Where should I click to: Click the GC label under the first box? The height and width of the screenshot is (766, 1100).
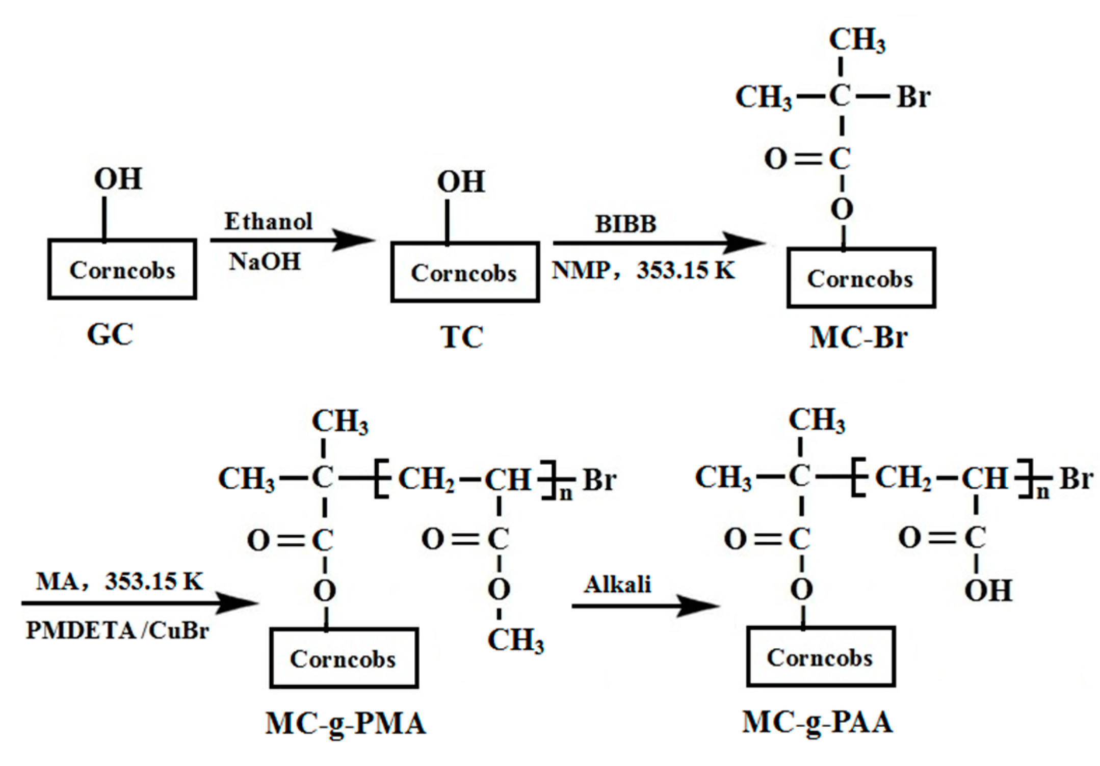click(x=110, y=335)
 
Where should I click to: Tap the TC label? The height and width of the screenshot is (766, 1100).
click(x=461, y=337)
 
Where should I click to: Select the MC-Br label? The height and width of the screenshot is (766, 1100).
click(x=858, y=337)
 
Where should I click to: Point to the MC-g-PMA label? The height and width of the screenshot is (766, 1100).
click(x=346, y=723)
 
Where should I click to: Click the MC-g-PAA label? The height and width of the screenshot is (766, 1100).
click(x=817, y=722)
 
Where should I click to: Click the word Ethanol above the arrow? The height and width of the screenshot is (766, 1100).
click(x=269, y=221)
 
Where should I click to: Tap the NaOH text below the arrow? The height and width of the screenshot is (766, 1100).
click(x=265, y=261)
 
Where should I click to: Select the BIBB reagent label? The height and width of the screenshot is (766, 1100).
click(x=626, y=224)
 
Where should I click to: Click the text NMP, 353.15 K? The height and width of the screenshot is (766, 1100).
click(x=643, y=270)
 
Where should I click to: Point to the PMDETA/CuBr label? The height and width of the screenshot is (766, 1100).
click(x=117, y=630)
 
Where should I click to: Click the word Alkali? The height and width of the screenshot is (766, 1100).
click(x=617, y=584)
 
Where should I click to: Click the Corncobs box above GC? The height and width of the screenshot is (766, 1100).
click(x=122, y=269)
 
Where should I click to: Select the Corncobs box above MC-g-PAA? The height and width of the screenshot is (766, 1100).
click(x=821, y=657)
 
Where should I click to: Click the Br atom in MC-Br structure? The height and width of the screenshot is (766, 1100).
click(x=913, y=96)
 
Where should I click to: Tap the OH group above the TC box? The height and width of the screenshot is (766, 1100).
click(x=461, y=181)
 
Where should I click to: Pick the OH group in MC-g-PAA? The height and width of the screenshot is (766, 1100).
click(x=988, y=591)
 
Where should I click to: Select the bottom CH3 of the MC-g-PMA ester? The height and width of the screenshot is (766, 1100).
click(x=515, y=640)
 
